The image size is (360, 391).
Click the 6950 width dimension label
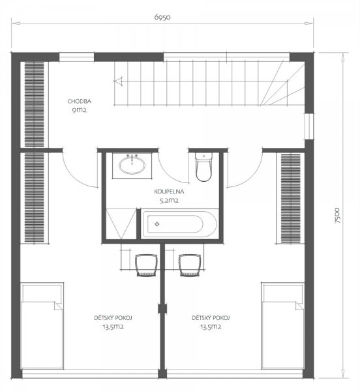(162, 17)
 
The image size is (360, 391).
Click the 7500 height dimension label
(337, 215)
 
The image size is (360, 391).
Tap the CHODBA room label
(80, 101)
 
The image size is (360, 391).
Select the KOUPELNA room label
(169, 192)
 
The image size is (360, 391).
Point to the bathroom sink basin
(132, 165)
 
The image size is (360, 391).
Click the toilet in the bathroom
(204, 166)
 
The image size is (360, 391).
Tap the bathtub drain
(157, 224)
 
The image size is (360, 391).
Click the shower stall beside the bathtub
(121, 224)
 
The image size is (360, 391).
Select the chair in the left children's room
(146, 265)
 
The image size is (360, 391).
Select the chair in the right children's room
(190, 265)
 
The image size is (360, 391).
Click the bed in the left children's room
(42, 326)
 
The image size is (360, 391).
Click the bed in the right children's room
(282, 326)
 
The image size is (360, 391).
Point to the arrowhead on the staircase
(118, 81)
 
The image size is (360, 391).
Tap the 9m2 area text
(80, 110)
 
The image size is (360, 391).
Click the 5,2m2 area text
(169, 200)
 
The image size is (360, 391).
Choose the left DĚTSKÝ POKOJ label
(113, 318)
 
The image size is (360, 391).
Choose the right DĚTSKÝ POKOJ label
(211, 318)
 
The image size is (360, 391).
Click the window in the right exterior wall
(309, 126)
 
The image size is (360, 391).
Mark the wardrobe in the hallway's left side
(35, 104)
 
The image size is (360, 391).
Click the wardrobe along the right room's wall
(291, 198)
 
